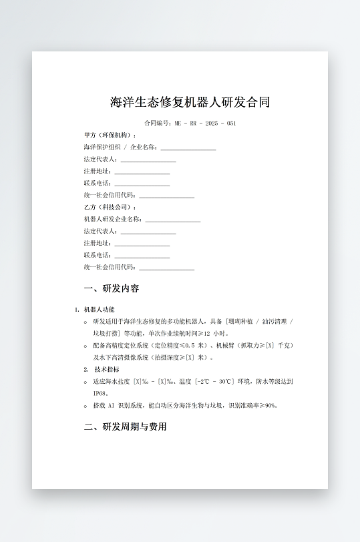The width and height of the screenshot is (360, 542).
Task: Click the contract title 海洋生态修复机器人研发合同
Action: click(x=190, y=102)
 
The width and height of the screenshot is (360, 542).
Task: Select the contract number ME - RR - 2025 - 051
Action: click(x=204, y=123)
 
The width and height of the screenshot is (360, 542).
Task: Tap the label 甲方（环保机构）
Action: click(x=110, y=135)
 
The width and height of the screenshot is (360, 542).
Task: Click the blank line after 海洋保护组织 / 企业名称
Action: click(x=188, y=148)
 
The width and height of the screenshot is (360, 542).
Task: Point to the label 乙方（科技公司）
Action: click(x=110, y=208)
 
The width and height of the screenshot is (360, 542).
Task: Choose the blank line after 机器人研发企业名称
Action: click(x=172, y=220)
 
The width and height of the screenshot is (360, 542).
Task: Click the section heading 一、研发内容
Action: click(x=112, y=289)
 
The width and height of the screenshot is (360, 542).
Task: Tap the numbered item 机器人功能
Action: click(x=99, y=310)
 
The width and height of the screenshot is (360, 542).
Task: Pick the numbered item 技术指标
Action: click(x=107, y=369)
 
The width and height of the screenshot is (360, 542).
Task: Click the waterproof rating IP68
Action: click(x=100, y=393)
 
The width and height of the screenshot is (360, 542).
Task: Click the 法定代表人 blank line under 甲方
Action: click(x=148, y=160)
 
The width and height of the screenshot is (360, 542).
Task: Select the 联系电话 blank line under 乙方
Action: click(x=142, y=256)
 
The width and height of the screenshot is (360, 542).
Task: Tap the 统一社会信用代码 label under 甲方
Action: click(x=110, y=196)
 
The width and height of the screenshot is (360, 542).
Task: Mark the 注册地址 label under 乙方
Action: click(x=98, y=244)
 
